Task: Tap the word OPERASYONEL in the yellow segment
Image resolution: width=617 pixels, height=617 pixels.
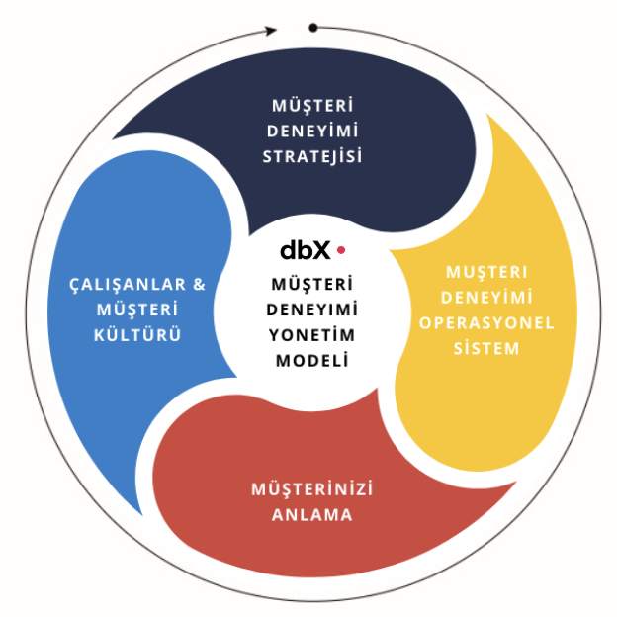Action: [485, 322]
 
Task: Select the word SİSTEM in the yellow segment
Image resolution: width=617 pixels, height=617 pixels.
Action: [485, 348]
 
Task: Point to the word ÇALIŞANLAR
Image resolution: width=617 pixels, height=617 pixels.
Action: [123, 283]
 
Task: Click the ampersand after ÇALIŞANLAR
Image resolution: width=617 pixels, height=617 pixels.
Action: [199, 283]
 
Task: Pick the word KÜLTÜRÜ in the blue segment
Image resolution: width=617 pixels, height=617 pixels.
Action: [138, 334]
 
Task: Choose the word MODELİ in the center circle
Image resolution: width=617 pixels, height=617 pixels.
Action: [311, 361]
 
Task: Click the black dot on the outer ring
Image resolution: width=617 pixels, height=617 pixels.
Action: [313, 27]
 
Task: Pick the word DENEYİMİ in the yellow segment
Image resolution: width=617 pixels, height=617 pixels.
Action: [485, 297]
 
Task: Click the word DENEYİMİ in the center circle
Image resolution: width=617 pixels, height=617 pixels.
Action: [311, 308]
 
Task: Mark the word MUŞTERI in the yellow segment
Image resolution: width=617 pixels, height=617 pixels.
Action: [485, 271]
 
